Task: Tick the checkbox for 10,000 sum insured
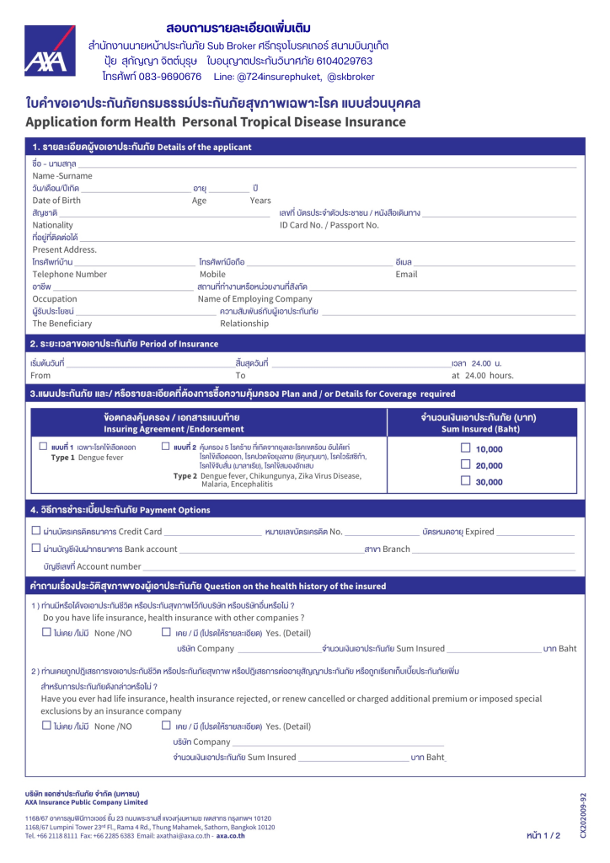(x=465, y=448)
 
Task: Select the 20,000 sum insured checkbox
(x=465, y=464)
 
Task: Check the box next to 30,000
(x=465, y=480)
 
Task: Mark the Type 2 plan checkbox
(x=166, y=446)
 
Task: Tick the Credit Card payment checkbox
(x=35, y=531)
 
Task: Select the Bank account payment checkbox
(x=35, y=549)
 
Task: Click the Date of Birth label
(x=56, y=201)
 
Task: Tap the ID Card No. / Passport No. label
(x=329, y=225)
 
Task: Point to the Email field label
(x=406, y=274)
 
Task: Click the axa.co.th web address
(x=233, y=835)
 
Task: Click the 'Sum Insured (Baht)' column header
(x=479, y=429)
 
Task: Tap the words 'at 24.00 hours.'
(x=483, y=375)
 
